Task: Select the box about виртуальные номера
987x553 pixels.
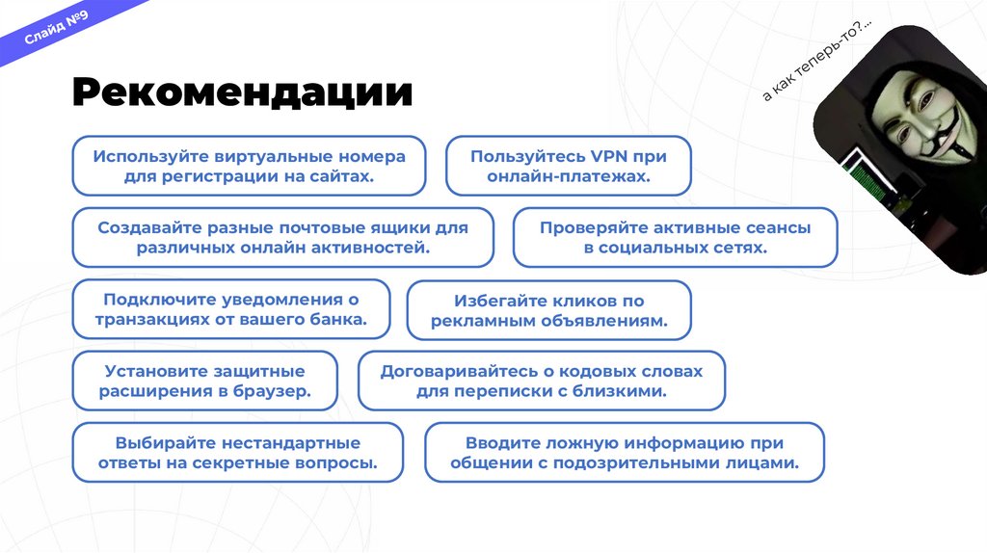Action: pos(249,166)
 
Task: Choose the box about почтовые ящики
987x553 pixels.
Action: pos(282,238)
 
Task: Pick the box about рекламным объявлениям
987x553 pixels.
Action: pos(548,310)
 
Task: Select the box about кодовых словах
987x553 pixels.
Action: pos(541,381)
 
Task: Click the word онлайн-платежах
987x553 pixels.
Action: pos(569,177)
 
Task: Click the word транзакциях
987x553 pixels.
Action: pos(150,319)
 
